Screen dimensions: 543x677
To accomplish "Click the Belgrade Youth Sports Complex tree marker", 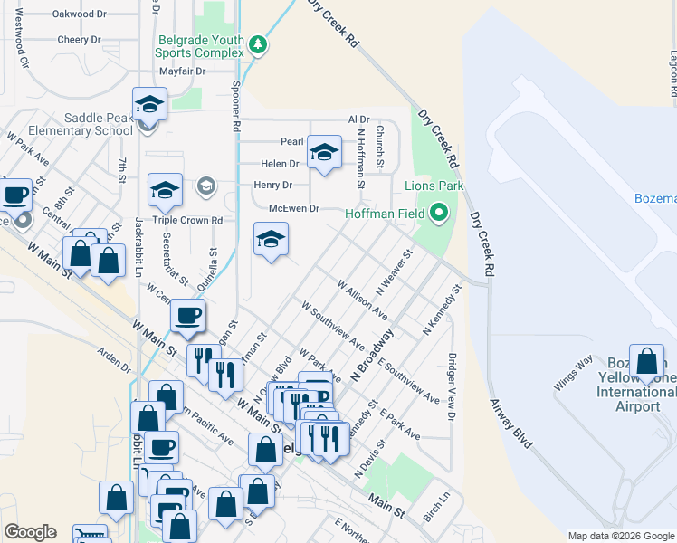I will pyautogui.click(x=258, y=45).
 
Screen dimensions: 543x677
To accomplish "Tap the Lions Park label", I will pyautogui.click(x=433, y=186).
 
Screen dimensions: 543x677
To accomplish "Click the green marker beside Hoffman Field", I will pyautogui.click(x=439, y=214).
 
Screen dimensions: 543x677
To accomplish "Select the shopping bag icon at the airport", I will pyautogui.click(x=648, y=361).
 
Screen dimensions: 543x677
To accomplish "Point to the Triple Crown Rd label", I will pyautogui.click(x=187, y=220).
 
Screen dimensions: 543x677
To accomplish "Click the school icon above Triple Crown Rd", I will pyautogui.click(x=165, y=190).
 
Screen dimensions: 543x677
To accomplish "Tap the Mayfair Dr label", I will pyautogui.click(x=183, y=71).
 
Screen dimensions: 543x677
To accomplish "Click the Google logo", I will pyautogui.click(x=30, y=532).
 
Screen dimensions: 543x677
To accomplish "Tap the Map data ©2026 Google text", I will pyautogui.click(x=620, y=536).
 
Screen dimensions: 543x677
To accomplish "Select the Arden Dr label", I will pyautogui.click(x=115, y=361).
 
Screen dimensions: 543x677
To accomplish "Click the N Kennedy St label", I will pyautogui.click(x=443, y=311).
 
